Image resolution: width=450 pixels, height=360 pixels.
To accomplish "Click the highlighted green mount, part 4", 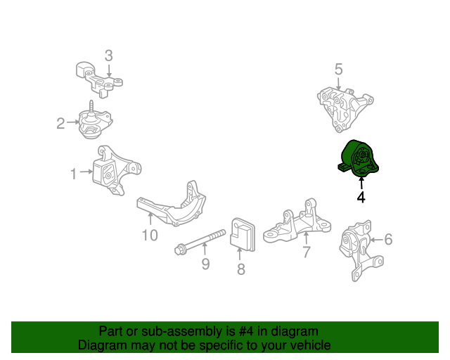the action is pyautogui.click(x=359, y=158).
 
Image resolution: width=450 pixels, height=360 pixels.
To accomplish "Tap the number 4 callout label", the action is pyautogui.click(x=361, y=198).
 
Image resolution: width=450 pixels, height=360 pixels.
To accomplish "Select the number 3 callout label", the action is pyautogui.click(x=108, y=56).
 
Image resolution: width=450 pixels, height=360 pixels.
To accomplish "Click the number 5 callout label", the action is pyautogui.click(x=339, y=70).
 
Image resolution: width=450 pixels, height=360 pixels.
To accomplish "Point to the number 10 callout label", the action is pyautogui.click(x=150, y=236).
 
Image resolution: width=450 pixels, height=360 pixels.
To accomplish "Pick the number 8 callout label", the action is pyautogui.click(x=241, y=269).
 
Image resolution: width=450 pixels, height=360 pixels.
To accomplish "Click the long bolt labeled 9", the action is pyautogui.click(x=200, y=242).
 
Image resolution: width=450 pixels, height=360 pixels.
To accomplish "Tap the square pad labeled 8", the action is pyautogui.click(x=243, y=234).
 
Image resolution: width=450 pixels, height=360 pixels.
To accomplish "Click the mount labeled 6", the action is pyautogui.click(x=360, y=250).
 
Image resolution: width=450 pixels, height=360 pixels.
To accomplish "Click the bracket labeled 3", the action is pyautogui.click(x=99, y=79).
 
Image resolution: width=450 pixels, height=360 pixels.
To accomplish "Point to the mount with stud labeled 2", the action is pyautogui.click(x=95, y=122).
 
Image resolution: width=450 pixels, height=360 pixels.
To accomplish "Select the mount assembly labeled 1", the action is pyautogui.click(x=115, y=171).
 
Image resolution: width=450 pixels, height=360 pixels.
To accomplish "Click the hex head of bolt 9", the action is pyautogui.click(x=180, y=249).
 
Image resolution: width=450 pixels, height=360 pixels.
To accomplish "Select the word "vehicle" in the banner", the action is pyautogui.click(x=312, y=345).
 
